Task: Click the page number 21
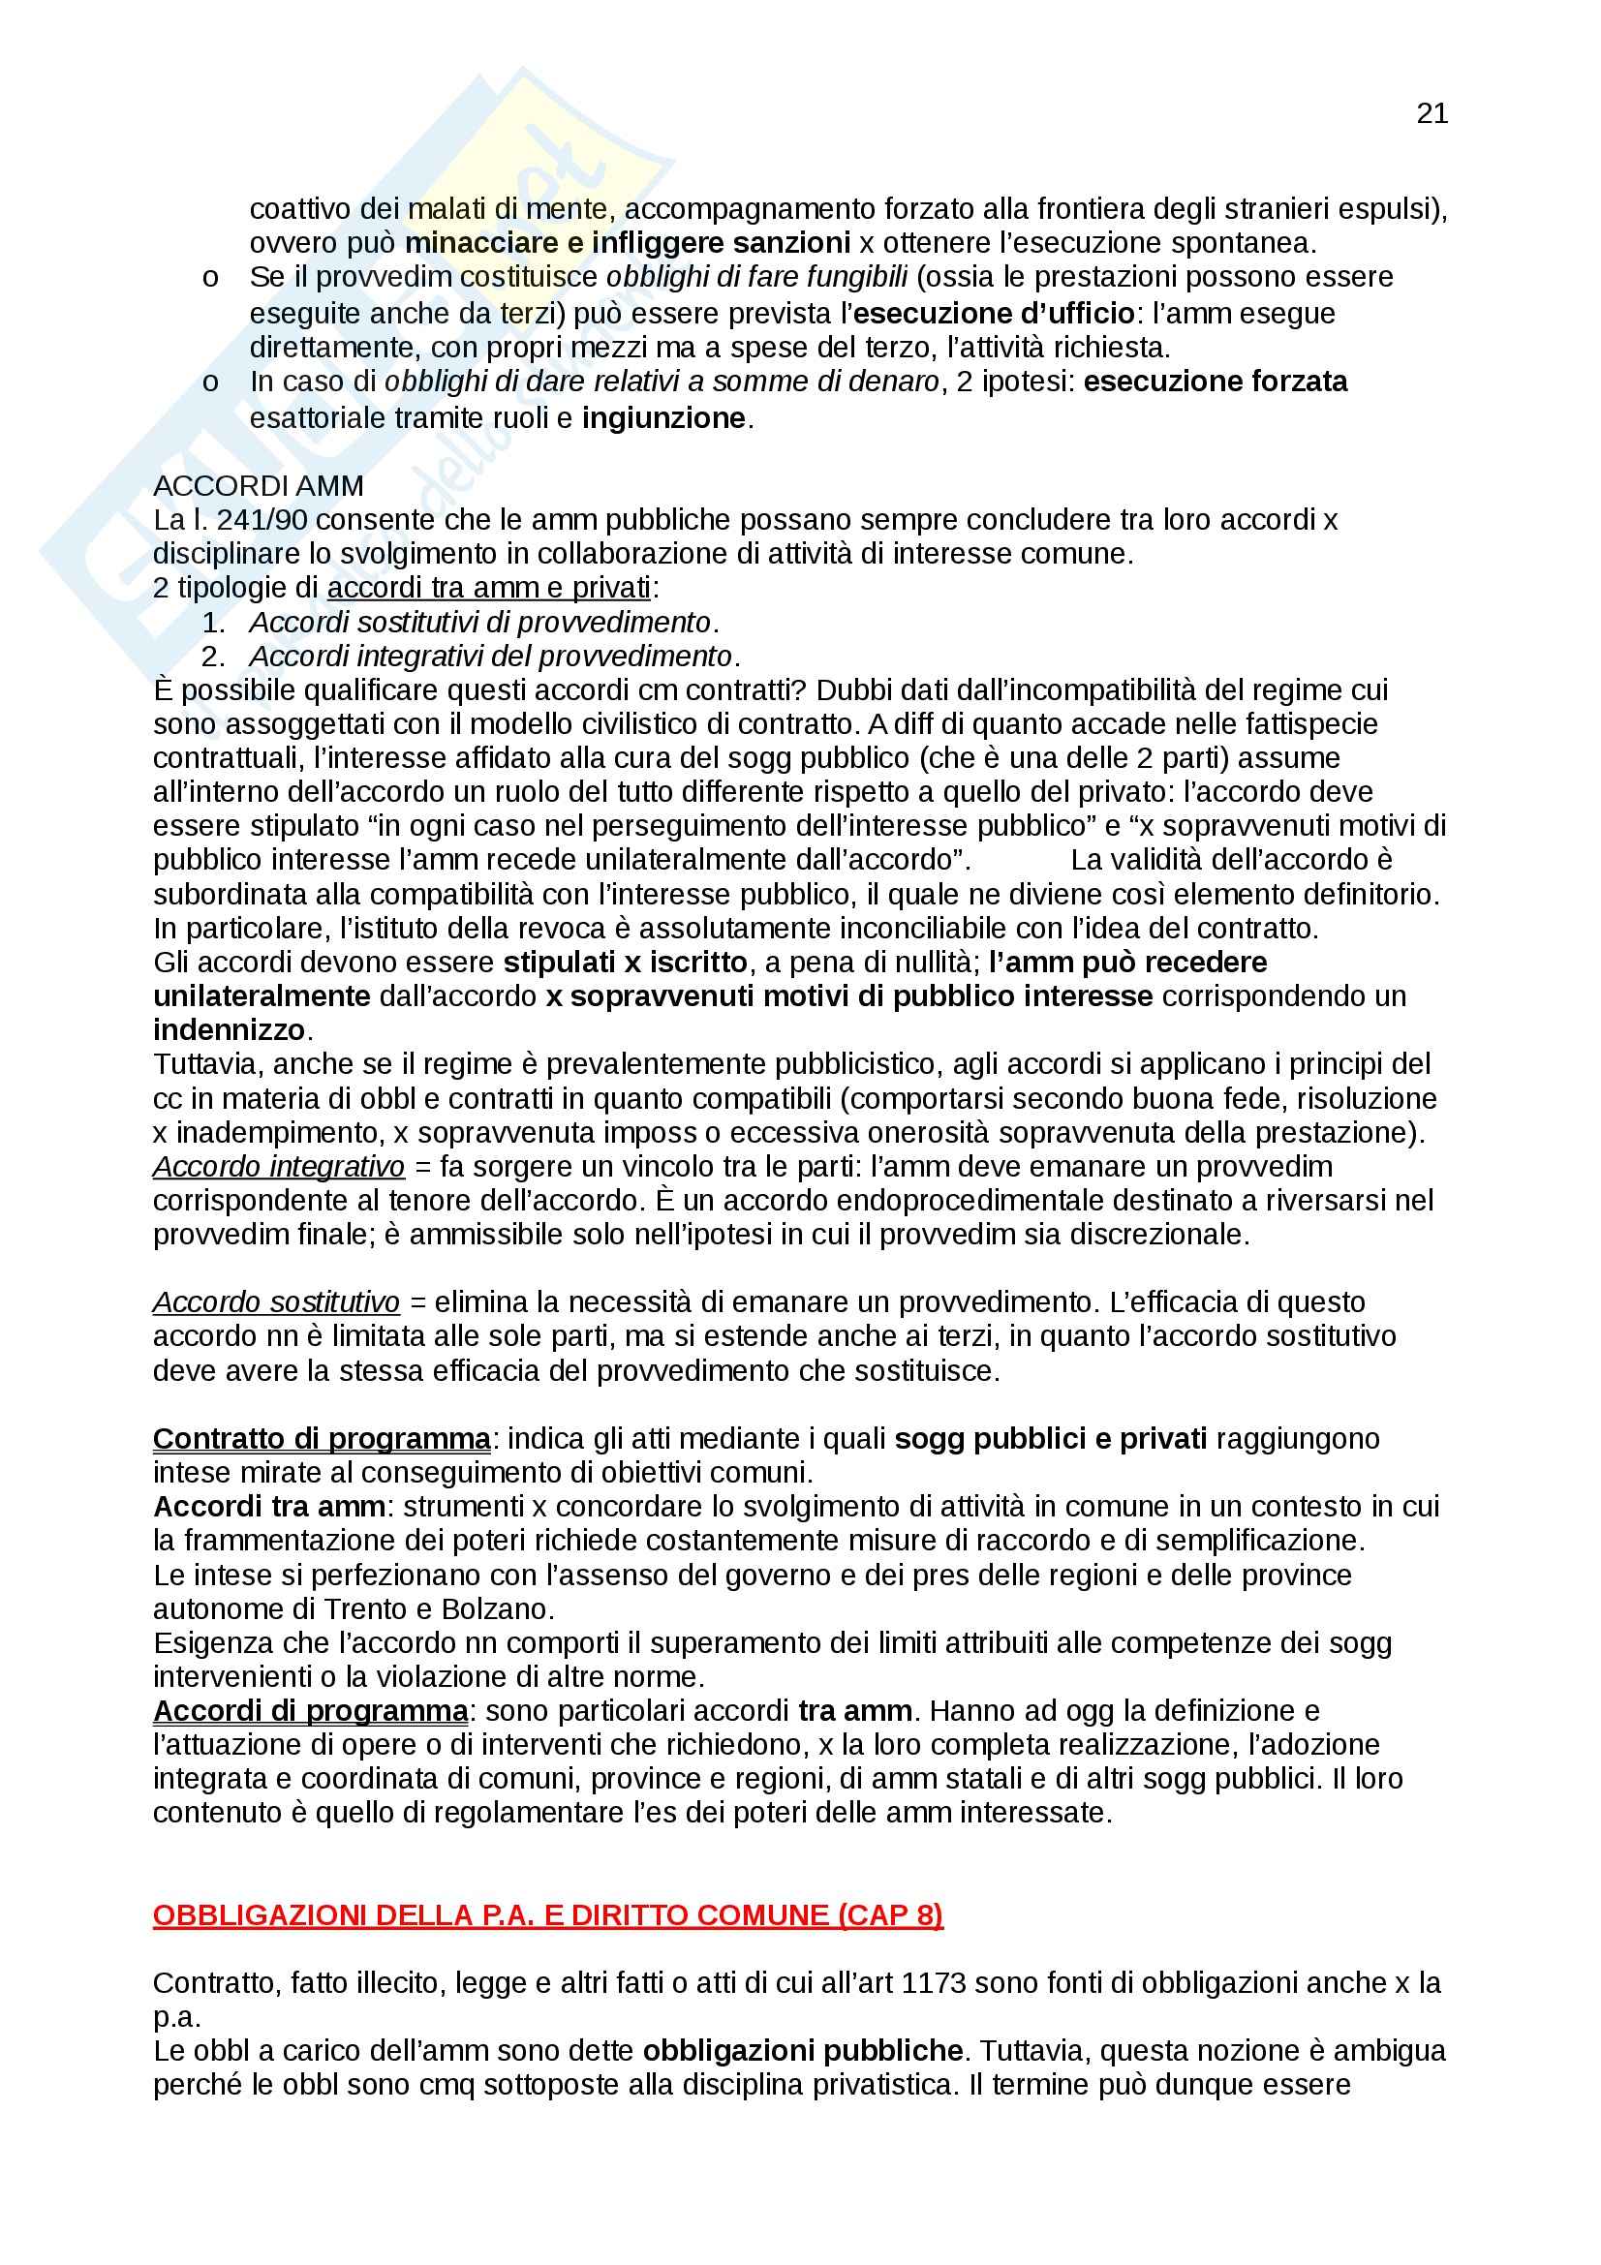[x=1432, y=114]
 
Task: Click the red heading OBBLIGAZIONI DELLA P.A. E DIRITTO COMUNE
[x=547, y=1914]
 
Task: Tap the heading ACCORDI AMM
[x=259, y=485]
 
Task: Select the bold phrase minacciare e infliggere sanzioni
[x=628, y=243]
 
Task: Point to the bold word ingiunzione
[x=662, y=418]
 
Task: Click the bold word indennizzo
[x=229, y=1030]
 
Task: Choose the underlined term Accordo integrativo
[x=279, y=1166]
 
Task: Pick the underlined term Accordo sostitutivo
[x=276, y=1302]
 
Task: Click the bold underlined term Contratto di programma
[x=322, y=1439]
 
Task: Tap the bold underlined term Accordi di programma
[x=311, y=1709]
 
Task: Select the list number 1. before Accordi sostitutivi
[x=213, y=623]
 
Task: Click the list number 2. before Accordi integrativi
[x=213, y=656]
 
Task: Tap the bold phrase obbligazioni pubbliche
[x=803, y=2051]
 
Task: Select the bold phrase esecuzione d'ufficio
[x=994, y=313]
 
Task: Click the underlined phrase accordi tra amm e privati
[x=488, y=588]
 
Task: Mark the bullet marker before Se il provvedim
[x=210, y=279]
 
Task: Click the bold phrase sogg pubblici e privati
[x=1051, y=1439]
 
